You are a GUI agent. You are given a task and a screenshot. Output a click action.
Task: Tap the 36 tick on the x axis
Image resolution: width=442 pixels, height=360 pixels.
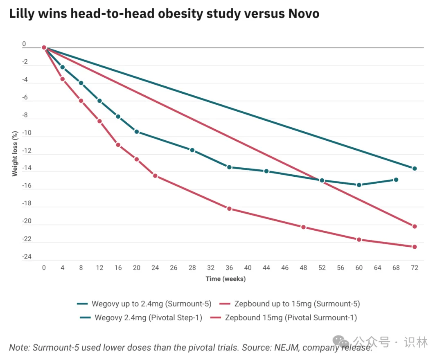pyautogui.click(x=229, y=268)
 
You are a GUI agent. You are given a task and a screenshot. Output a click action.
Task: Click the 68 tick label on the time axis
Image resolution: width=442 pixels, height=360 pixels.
pyautogui.click(x=396, y=268)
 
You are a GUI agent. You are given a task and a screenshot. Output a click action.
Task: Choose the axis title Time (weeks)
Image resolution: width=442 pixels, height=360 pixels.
pyautogui.click(x=226, y=279)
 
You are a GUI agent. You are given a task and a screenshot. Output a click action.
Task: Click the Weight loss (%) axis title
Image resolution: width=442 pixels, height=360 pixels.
pyautogui.click(x=15, y=153)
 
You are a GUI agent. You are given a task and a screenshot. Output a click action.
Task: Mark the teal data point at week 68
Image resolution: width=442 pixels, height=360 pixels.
pyautogui.click(x=396, y=180)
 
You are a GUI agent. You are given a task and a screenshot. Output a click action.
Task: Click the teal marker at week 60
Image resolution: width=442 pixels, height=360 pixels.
pyautogui.click(x=359, y=185)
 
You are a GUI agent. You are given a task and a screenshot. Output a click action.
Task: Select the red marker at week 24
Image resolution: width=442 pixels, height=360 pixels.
pyautogui.click(x=155, y=175)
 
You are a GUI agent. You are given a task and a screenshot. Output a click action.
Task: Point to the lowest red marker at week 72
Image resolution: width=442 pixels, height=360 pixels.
pyautogui.click(x=415, y=247)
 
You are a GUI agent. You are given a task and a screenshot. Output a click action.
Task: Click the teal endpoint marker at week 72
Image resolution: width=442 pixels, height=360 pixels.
pyautogui.click(x=415, y=169)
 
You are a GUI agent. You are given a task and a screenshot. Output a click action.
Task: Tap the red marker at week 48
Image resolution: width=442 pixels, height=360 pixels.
pyautogui.click(x=303, y=227)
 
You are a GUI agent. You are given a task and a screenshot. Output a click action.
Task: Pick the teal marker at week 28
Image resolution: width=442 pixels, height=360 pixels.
pyautogui.click(x=192, y=150)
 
